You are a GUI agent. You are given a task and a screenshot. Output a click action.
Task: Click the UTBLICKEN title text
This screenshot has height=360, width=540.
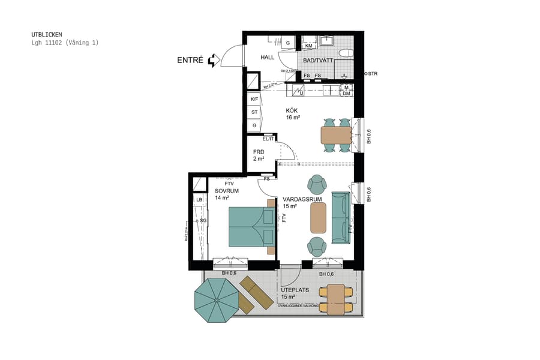pyautogui.click(x=46, y=35)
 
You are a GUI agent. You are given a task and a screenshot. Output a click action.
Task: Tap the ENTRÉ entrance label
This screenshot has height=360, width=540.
pyautogui.click(x=190, y=61)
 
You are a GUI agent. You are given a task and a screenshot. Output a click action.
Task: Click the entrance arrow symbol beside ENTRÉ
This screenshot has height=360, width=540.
pyautogui.click(x=212, y=61)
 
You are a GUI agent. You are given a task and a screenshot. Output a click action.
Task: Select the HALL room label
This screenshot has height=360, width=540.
pyautogui.click(x=267, y=58)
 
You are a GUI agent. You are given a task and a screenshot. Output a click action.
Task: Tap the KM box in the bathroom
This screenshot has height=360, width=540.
pyautogui.click(x=309, y=46)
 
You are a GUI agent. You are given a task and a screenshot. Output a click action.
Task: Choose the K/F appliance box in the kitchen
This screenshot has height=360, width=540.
pyautogui.click(x=254, y=99)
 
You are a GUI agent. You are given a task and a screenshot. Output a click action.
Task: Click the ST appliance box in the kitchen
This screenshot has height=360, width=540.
pyautogui.click(x=254, y=112)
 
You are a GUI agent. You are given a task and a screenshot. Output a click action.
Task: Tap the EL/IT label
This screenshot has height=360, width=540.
pyautogui.click(x=268, y=139)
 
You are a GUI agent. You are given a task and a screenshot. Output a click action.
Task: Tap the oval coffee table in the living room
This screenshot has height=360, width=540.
pyautogui.click(x=318, y=217)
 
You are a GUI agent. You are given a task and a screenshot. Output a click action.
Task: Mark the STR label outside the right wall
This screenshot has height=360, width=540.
pyautogui.click(x=373, y=74)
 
